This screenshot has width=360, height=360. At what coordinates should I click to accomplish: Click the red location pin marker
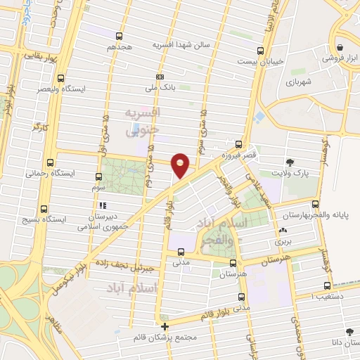(180, 164)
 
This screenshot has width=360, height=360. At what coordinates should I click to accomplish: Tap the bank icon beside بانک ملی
(160, 77)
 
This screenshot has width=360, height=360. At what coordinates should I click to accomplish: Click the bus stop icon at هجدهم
(119, 36)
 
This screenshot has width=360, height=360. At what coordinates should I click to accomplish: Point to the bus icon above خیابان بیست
(260, 51)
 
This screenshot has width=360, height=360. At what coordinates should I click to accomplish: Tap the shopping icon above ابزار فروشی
(340, 48)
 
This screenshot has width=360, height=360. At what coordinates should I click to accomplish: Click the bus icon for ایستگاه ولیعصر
(61, 79)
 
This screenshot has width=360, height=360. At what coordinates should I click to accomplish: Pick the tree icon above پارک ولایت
(290, 162)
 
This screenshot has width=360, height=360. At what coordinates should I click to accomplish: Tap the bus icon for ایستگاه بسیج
(44, 209)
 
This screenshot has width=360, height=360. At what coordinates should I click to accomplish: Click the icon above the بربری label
(283, 230)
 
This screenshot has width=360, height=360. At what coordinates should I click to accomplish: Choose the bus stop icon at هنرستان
(233, 262)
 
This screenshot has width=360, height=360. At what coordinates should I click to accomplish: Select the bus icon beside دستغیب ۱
(327, 285)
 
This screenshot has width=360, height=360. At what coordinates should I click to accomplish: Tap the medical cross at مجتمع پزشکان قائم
(165, 327)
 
